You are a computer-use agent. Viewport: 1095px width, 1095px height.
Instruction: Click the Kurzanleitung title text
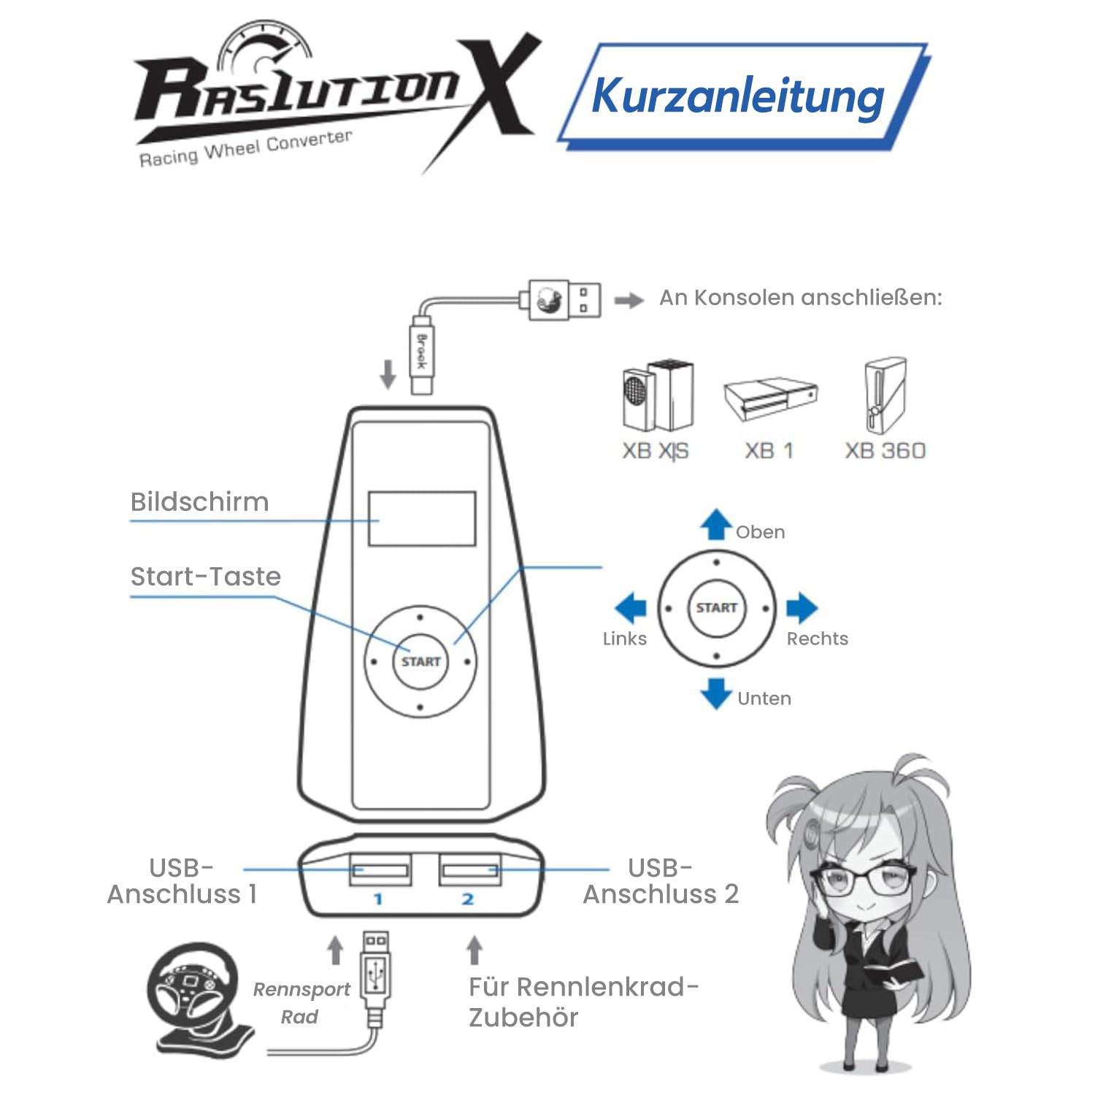click(x=737, y=96)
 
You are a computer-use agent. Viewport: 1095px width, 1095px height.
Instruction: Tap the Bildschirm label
click(x=199, y=502)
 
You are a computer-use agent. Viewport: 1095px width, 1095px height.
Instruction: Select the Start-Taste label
click(x=205, y=577)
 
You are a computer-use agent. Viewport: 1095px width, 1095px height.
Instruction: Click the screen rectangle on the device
click(x=422, y=518)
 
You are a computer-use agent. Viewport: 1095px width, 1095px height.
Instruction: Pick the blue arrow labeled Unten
click(x=716, y=693)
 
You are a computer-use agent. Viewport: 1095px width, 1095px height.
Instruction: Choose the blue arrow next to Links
click(x=631, y=607)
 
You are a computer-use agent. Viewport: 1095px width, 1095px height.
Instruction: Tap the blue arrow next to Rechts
click(x=802, y=607)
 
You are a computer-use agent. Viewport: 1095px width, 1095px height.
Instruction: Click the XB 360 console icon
click(x=885, y=396)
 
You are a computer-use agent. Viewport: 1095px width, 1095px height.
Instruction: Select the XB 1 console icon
click(x=771, y=399)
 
